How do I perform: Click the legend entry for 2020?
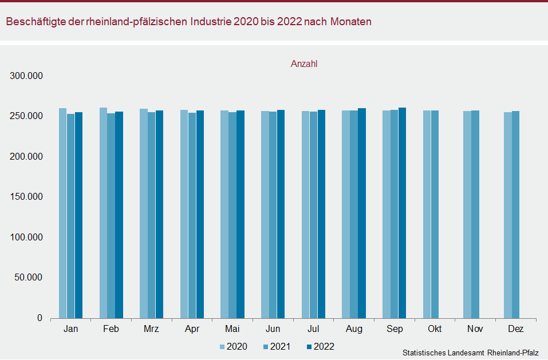pyautogui.click(x=233, y=346)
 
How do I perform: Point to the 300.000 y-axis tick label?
pyautogui.click(x=27, y=76)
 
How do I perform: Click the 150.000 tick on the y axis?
pyautogui.click(x=27, y=197)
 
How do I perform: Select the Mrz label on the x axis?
pyautogui.click(x=152, y=329)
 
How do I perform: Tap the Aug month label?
pyautogui.click(x=354, y=329)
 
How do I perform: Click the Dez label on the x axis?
pyautogui.click(x=515, y=329)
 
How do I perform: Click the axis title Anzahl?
pyautogui.click(x=304, y=64)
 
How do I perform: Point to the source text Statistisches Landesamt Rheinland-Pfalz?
pyautogui.click(x=470, y=353)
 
